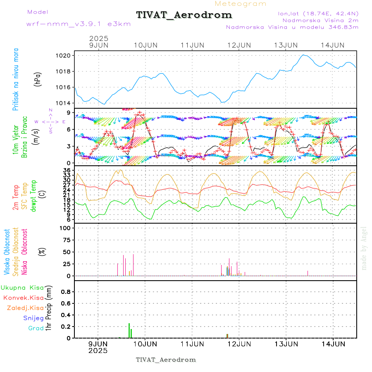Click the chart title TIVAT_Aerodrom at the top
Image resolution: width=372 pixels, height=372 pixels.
tap(184, 15)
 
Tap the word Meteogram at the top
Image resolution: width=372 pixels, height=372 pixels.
tap(241, 4)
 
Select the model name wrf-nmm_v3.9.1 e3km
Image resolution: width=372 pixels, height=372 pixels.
tap(79, 24)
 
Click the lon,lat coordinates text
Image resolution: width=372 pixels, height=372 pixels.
tap(318, 13)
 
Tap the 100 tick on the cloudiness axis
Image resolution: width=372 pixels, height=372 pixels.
tap(66, 228)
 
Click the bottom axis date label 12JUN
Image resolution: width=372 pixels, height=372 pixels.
tap(239, 343)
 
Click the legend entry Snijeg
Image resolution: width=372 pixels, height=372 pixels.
tap(33, 318)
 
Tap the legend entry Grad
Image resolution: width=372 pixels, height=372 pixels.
tap(36, 328)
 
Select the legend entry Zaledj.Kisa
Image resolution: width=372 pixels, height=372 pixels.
tap(25, 308)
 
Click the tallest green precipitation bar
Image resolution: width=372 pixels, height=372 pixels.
tap(129, 331)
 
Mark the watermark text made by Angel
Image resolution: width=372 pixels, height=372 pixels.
tap(364, 248)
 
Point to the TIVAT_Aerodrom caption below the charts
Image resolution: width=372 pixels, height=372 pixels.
tap(166, 360)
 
